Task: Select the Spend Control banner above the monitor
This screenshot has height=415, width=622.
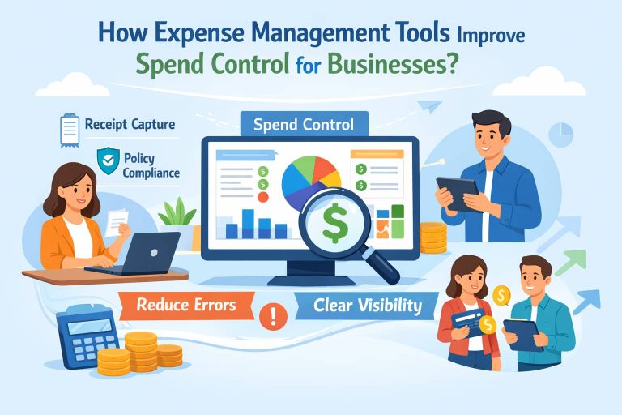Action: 303,125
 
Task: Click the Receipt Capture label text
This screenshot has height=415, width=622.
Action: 129,126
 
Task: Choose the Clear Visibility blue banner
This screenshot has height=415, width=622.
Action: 364,306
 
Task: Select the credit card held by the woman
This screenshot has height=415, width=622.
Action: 467,318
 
